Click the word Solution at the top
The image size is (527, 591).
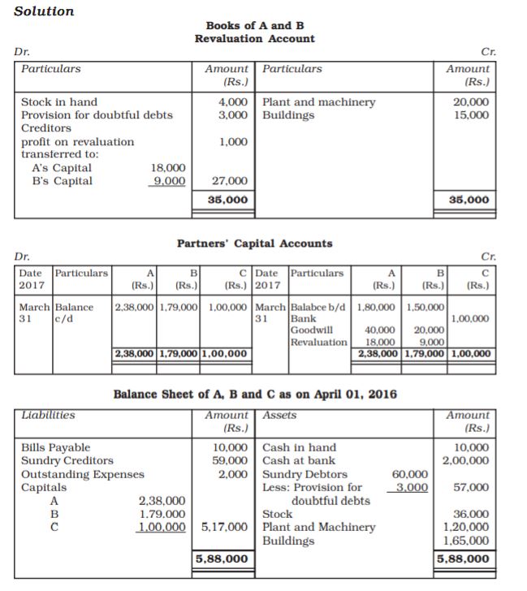pos(44,11)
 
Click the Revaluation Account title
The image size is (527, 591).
pos(254,39)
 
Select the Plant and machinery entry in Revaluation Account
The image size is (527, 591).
pos(319,102)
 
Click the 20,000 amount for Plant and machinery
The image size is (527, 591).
pos(472,102)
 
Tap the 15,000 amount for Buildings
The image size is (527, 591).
pos(472,115)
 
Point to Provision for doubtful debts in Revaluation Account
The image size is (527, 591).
pos(97,115)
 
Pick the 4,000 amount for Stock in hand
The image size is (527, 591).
pos(234,102)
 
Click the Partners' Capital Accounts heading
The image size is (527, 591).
pos(254,243)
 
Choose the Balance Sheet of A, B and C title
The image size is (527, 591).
pos(254,395)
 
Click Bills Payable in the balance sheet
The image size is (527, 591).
pos(55,447)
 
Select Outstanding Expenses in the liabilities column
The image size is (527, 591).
pos(82,474)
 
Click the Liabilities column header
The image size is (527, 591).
pos(48,415)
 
